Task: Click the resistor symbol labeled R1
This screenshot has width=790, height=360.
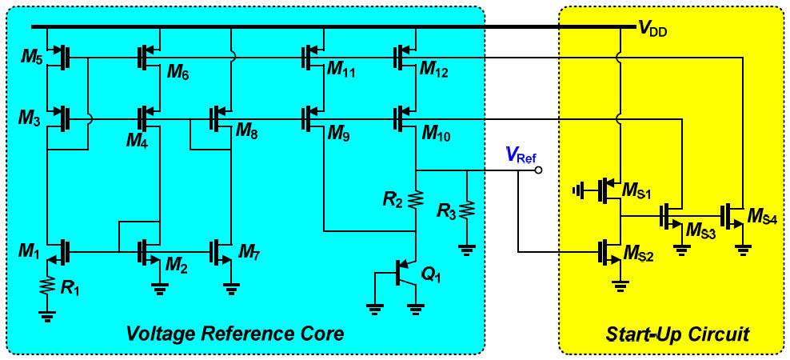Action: pyautogui.click(x=47, y=286)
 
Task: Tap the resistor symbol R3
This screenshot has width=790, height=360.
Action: pyautogui.click(x=467, y=211)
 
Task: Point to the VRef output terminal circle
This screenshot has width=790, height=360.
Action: pyautogui.click(x=539, y=170)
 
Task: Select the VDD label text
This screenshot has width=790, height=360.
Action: pyautogui.click(x=654, y=30)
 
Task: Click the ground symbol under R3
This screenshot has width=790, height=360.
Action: pyautogui.click(x=467, y=249)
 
